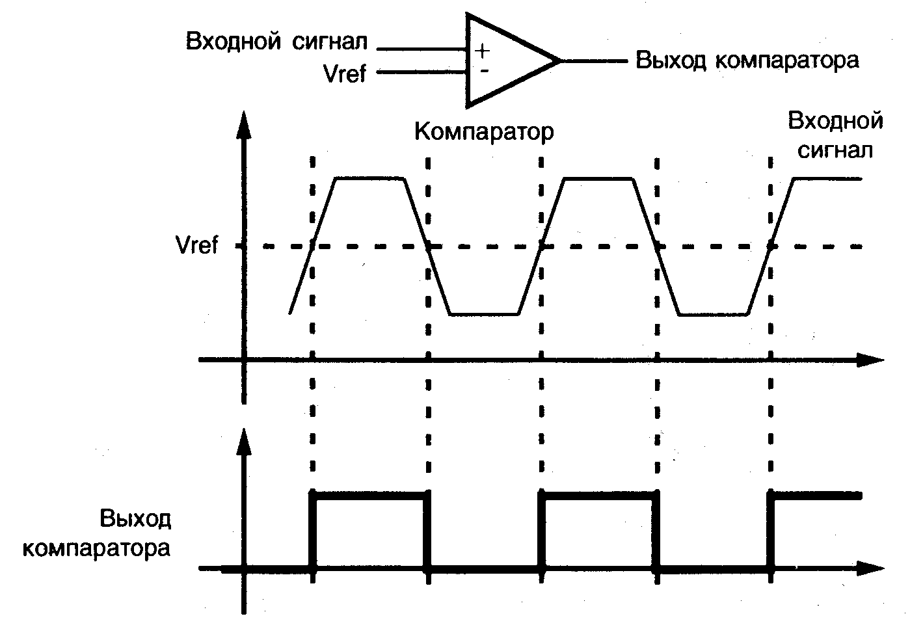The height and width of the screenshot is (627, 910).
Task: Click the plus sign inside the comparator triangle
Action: tap(483, 50)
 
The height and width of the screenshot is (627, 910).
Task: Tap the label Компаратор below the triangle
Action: tap(484, 132)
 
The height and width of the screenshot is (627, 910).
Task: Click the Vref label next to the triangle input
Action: tap(345, 73)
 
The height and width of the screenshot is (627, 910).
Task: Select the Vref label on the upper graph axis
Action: tap(197, 246)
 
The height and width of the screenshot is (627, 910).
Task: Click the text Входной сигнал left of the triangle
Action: tap(276, 42)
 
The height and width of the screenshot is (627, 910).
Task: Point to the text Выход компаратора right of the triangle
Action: tap(747, 60)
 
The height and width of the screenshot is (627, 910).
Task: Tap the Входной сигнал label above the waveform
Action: tap(835, 135)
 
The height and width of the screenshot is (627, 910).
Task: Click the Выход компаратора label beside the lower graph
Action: tap(98, 533)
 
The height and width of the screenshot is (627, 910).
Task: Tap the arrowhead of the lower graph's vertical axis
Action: tap(245, 441)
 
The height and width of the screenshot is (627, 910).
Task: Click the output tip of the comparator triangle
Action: tap(559, 60)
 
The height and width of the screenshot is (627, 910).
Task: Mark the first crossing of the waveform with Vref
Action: tap(314, 246)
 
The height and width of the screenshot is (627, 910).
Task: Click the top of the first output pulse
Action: tap(371, 496)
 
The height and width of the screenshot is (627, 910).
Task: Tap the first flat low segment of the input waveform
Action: tap(485, 315)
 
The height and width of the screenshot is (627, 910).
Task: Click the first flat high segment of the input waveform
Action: tap(369, 178)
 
